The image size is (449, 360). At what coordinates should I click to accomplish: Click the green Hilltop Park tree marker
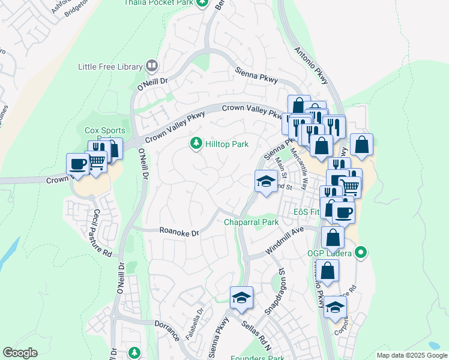195,143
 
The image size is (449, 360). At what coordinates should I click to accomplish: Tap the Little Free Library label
111,67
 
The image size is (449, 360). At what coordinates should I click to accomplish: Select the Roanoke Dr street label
179,232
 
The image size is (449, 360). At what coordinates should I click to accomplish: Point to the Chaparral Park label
252,222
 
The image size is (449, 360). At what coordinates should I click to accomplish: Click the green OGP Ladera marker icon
360,253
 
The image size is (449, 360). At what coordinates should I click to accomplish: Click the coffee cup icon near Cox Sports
77,164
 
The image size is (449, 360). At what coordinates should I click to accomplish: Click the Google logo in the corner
20,353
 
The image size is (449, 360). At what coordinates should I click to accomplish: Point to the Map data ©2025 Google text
411,355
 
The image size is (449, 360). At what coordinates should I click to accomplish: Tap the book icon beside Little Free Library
152,66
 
